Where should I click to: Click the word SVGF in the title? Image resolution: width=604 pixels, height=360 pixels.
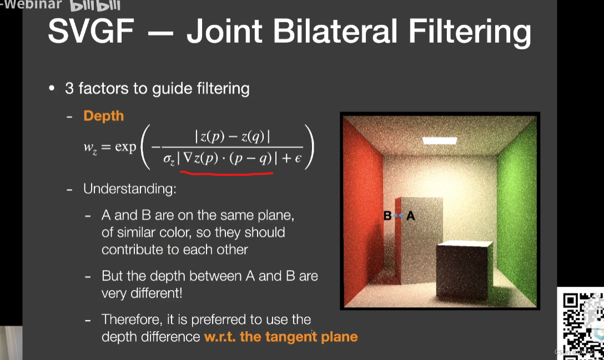click(x=91, y=31)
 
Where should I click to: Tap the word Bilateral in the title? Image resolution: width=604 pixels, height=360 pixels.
click(x=335, y=31)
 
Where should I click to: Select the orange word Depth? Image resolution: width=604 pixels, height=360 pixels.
click(x=104, y=116)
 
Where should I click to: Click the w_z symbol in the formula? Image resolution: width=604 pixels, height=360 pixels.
click(x=90, y=148)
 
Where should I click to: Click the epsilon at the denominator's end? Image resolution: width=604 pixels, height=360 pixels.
click(x=298, y=158)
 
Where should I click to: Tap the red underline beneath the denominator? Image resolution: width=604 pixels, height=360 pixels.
click(x=226, y=174)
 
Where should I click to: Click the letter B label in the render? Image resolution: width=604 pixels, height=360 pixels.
click(x=387, y=216)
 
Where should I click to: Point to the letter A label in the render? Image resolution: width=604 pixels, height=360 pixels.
click(x=411, y=216)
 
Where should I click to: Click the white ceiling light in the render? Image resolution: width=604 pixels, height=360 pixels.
click(x=440, y=140)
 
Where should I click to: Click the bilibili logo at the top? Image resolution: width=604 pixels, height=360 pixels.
click(x=95, y=6)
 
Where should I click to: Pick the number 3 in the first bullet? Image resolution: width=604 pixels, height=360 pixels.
click(x=69, y=89)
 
